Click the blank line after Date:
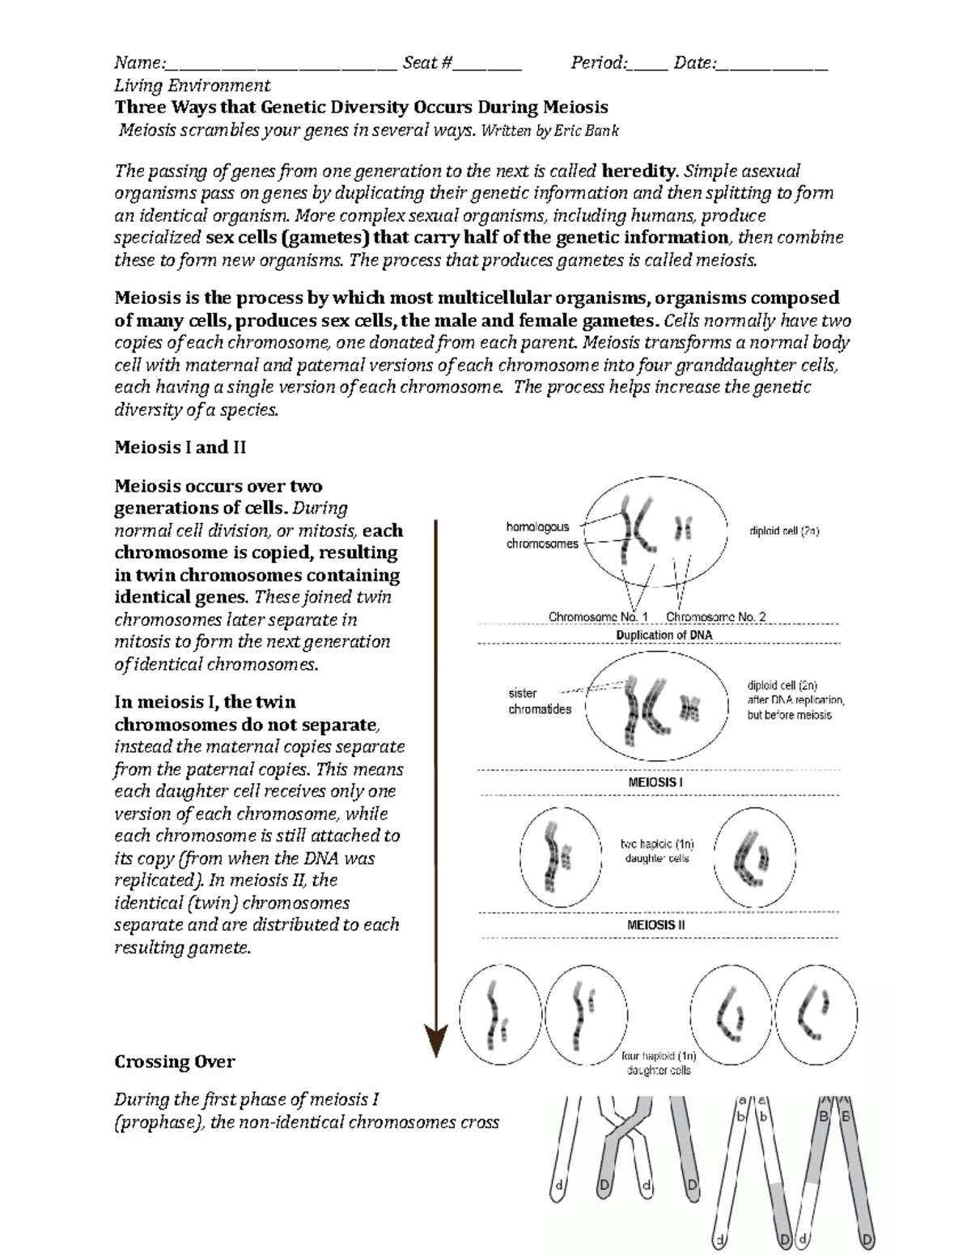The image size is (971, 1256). (772, 65)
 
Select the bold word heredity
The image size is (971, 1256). (638, 171)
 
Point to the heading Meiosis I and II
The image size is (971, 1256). (180, 447)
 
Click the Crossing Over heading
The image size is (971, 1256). (175, 1061)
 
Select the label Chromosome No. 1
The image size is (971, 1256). (598, 616)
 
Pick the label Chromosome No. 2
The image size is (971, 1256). (715, 616)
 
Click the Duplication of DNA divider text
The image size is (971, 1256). (664, 635)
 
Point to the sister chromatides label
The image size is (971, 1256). (539, 701)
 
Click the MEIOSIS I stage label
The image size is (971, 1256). (655, 783)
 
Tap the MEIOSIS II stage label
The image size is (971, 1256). (656, 924)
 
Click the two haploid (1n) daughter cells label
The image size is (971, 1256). (657, 851)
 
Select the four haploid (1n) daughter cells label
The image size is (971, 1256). (659, 1063)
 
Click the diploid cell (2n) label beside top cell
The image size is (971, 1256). (784, 531)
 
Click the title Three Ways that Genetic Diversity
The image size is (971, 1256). (361, 108)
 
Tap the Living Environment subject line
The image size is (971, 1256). (193, 86)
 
